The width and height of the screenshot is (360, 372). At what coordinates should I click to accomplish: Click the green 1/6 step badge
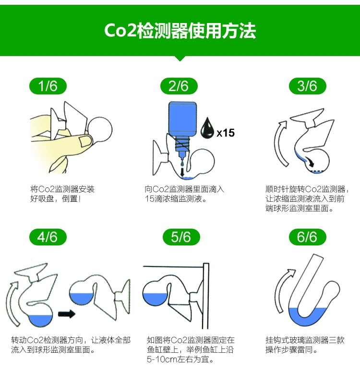[48, 86]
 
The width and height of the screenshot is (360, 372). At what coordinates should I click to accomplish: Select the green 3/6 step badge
[307, 86]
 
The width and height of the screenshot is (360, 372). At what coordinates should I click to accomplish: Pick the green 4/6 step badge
[48, 237]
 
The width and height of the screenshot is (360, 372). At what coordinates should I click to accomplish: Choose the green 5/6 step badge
[180, 237]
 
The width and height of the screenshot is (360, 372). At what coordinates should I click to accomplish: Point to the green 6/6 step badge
[307, 237]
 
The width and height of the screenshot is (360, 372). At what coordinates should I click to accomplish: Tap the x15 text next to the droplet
[226, 133]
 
